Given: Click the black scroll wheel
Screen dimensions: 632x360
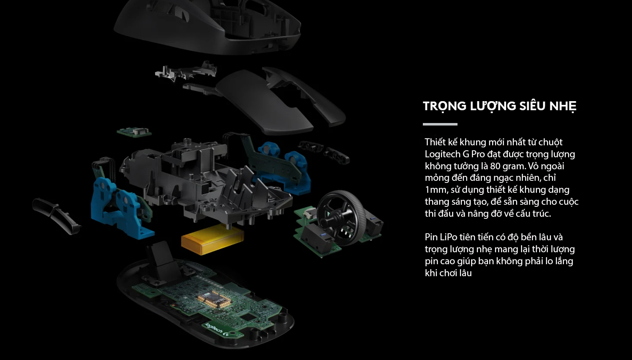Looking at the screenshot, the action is tap(343, 218).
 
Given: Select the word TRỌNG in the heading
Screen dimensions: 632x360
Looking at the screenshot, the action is tap(445, 107).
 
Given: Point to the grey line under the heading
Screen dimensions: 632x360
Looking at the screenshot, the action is tap(440, 124).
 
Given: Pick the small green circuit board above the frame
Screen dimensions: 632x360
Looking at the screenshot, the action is tap(134, 132).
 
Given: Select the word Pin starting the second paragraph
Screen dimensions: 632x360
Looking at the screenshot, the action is tap(431, 237).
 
